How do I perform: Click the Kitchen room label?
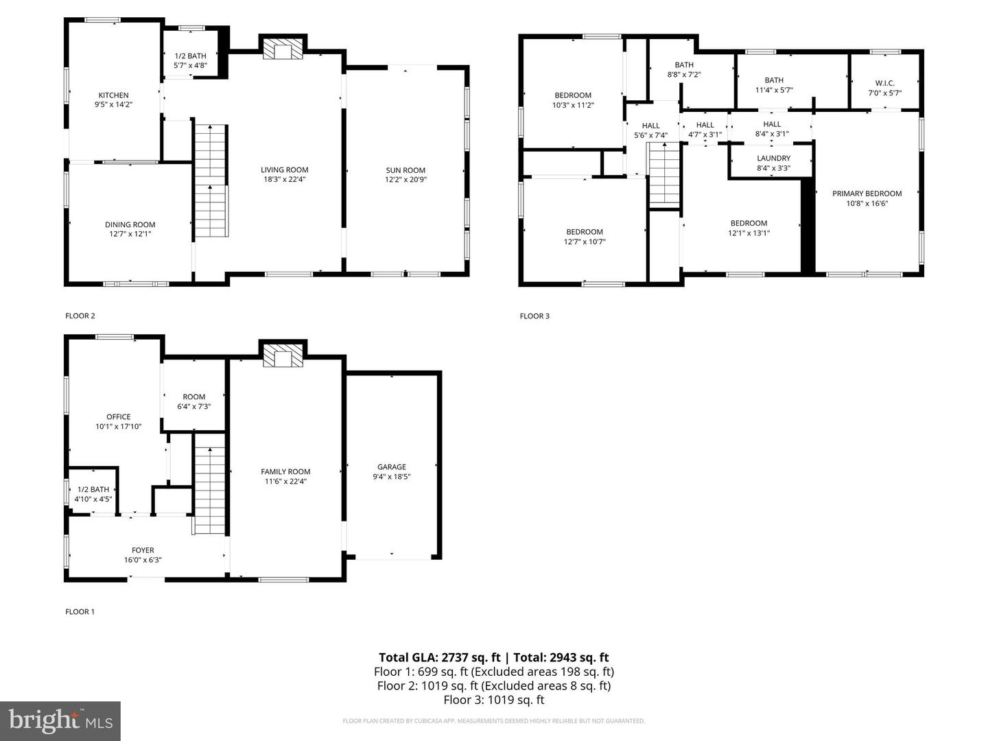[113, 95]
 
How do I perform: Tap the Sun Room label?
[405, 170]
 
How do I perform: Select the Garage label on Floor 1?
[391, 467]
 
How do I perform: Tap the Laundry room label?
[773, 158]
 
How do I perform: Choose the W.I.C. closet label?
[884, 83]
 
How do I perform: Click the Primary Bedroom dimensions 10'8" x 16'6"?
[867, 203]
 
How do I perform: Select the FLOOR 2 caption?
[80, 316]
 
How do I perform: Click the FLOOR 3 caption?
[534, 316]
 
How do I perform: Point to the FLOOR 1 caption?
[80, 611]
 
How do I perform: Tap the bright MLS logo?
[60, 720]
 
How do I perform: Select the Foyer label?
[143, 550]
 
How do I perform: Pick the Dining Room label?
[130, 224]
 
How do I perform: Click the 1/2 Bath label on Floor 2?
[190, 56]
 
